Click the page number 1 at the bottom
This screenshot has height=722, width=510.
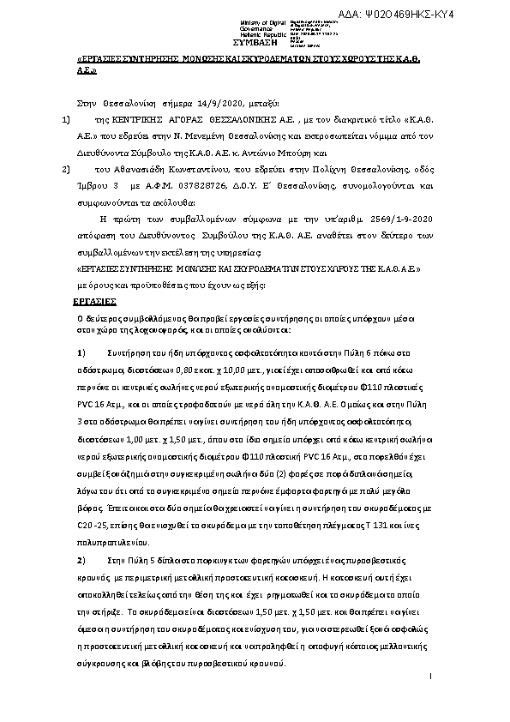(429, 679)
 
